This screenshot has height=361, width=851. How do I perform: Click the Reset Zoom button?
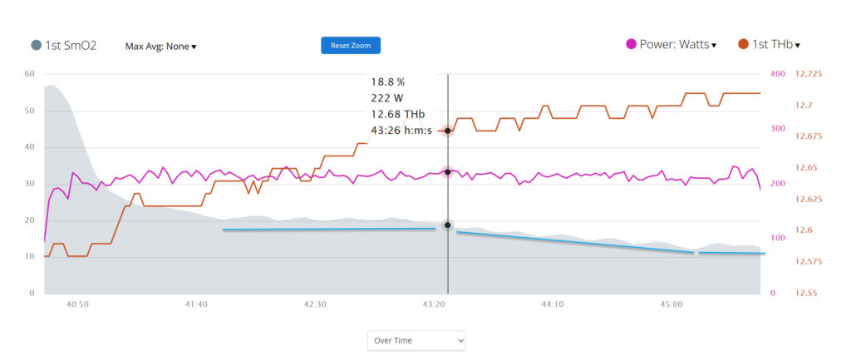351,45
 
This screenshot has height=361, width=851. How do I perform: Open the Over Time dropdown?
416,340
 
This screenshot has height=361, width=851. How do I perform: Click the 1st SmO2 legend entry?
64,46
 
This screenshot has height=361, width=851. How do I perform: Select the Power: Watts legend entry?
671,45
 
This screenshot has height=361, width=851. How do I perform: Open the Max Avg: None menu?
160,47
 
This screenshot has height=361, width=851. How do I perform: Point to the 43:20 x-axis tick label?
434,304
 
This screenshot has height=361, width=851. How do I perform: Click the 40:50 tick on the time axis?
77,304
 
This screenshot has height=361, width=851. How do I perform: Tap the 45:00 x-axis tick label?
671,304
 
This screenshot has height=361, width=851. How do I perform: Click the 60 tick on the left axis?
29,74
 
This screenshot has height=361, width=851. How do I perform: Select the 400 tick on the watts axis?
778,74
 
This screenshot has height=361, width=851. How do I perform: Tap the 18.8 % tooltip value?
388,82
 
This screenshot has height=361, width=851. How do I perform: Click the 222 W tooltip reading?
387,98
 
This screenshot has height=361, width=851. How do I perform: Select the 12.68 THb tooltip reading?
398,114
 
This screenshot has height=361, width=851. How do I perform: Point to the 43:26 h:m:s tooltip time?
401,131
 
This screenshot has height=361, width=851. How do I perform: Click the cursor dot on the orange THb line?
447,131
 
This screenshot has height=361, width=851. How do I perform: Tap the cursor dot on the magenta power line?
447,172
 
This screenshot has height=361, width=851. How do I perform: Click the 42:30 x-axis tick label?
315,304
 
